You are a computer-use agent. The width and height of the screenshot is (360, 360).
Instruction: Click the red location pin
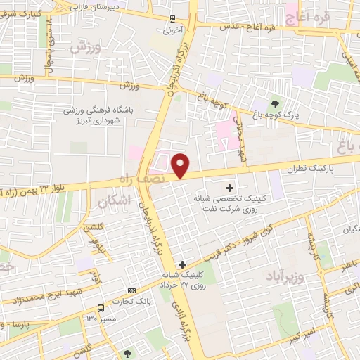coord(181,165)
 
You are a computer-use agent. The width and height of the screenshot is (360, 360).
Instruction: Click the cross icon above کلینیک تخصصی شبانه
coord(230,188)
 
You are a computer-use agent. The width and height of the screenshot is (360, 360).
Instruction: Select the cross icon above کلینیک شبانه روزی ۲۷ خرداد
coord(182,264)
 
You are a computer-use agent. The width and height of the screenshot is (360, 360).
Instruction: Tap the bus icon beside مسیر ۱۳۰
coord(101,308)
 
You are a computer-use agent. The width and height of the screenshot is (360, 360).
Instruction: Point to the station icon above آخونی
coord(173,20)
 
